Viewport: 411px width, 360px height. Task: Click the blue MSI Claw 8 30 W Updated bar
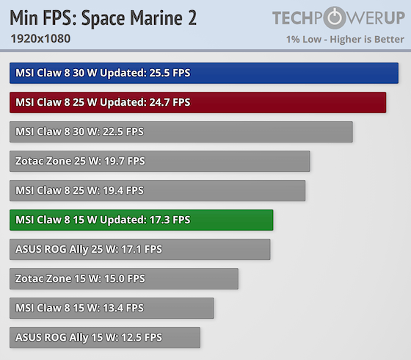[204, 73]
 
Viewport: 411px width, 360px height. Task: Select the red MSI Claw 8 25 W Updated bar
[198, 102]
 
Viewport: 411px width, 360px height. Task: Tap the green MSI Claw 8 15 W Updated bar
[142, 220]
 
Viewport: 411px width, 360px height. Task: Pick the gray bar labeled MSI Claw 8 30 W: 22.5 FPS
[181, 132]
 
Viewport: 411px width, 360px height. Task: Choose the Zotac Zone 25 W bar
[160, 161]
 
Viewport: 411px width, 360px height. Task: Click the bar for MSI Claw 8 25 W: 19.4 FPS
[158, 190]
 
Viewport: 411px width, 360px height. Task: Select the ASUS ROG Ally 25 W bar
[140, 249]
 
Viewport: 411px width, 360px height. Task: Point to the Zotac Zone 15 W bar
[124, 278]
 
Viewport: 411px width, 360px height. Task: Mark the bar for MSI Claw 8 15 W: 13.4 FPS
[112, 308]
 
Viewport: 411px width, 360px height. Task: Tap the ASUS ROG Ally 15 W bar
[105, 337]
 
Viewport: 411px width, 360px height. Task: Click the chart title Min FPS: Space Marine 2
[103, 18]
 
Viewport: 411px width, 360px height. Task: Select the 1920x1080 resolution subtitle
[40, 38]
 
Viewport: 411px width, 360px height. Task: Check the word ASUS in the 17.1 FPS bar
[29, 249]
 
